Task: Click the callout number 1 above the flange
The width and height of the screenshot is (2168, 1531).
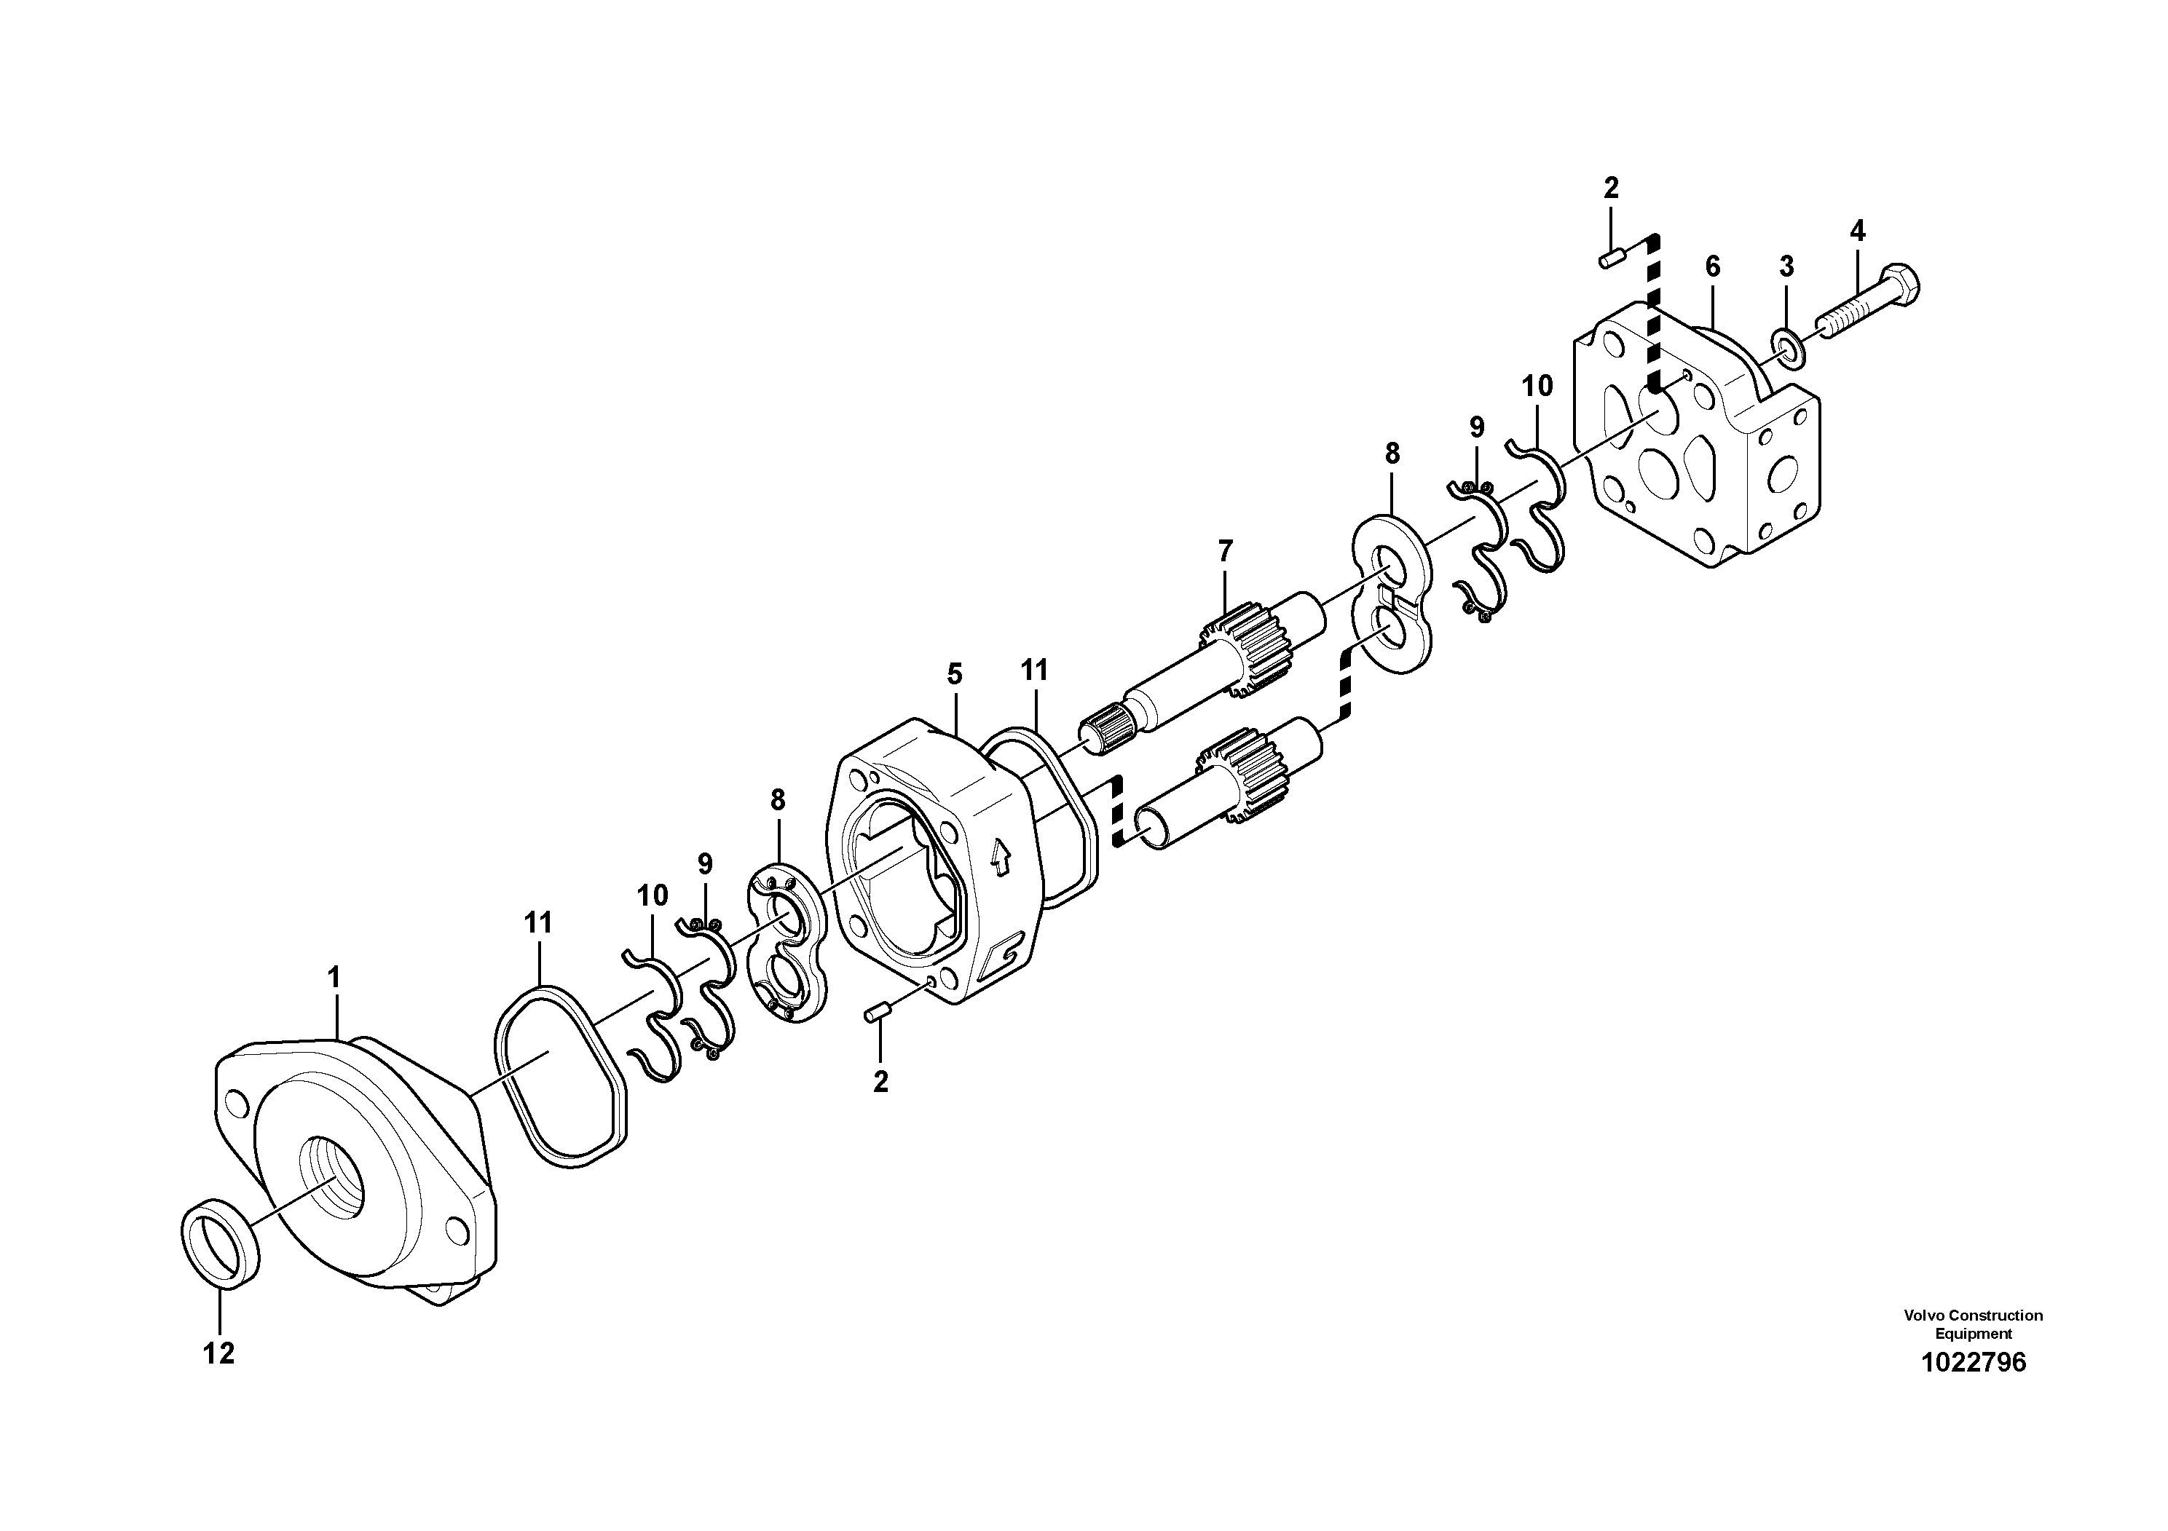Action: (x=334, y=977)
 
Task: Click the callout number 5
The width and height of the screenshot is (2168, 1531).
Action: (x=955, y=674)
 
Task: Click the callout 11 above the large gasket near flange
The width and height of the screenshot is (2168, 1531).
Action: (x=538, y=922)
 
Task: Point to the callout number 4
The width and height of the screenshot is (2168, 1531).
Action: (x=1857, y=230)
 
